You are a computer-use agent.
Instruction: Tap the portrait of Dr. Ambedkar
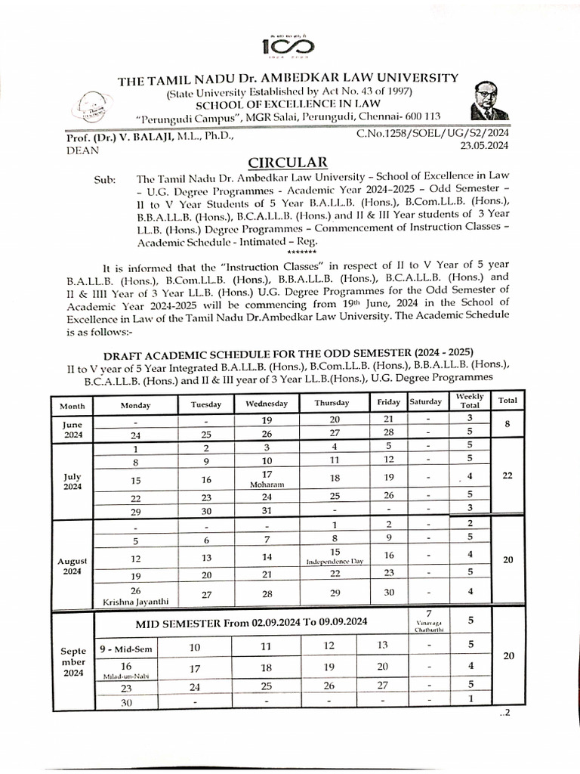click(489, 101)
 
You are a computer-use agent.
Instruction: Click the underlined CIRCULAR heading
click(288, 162)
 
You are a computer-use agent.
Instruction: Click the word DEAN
click(72, 150)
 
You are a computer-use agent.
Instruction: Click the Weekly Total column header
click(469, 401)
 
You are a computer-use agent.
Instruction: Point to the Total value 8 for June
click(507, 426)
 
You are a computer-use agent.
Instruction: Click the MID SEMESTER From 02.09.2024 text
click(251, 623)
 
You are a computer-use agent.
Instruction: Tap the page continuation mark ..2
click(505, 714)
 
